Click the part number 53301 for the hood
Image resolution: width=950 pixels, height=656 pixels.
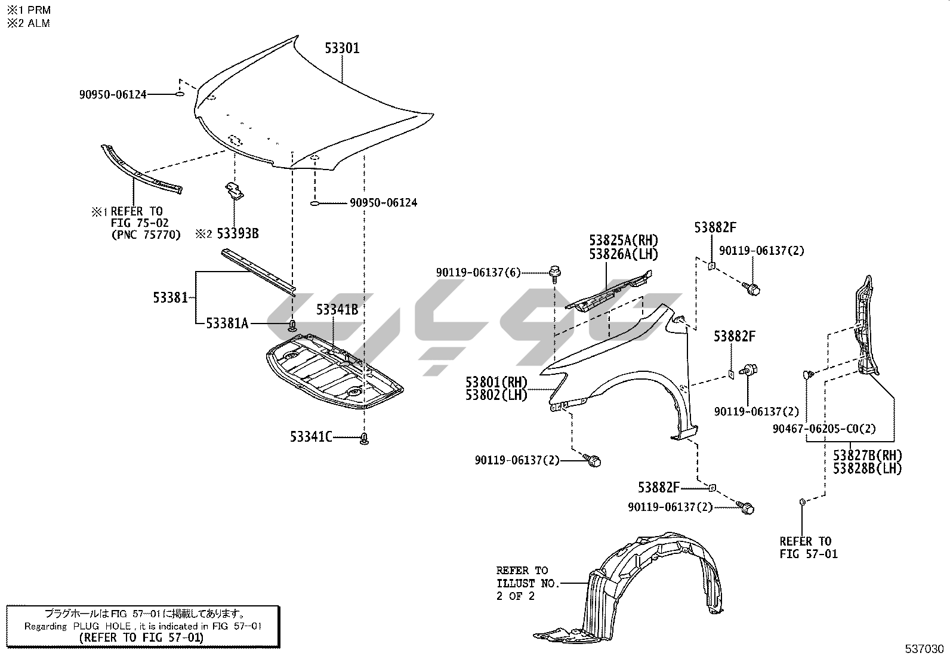(342, 48)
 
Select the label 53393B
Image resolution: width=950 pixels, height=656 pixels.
(237, 233)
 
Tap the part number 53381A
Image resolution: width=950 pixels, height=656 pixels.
(227, 324)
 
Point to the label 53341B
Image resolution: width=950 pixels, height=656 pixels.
(337, 309)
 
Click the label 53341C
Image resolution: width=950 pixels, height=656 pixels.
(311, 437)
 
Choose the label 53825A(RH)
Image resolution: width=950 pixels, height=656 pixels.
(623, 241)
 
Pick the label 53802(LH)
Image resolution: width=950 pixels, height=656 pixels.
(496, 395)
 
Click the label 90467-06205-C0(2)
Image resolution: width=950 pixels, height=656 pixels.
(823, 429)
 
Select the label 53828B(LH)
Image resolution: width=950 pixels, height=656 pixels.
(867, 469)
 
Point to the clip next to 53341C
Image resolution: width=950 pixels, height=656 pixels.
(364, 439)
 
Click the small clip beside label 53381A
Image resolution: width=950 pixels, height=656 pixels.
(292, 325)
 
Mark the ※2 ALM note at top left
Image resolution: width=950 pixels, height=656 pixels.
(28, 23)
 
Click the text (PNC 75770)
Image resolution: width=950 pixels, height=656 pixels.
(146, 235)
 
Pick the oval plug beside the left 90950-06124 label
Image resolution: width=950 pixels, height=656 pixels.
(180, 94)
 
